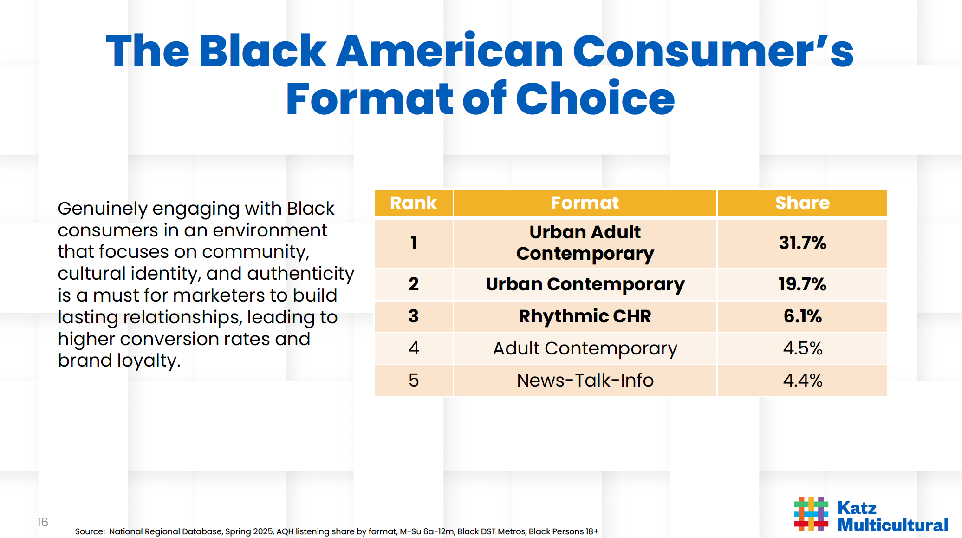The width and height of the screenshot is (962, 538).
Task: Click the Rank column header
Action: pyautogui.click(x=413, y=203)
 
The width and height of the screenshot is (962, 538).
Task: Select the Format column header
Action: pyautogui.click(x=585, y=203)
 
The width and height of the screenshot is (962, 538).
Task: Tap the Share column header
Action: pyautogui.click(x=802, y=203)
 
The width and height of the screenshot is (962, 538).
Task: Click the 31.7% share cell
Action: pyautogui.click(x=802, y=243)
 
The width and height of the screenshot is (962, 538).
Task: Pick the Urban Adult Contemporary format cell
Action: pyautogui.click(x=585, y=243)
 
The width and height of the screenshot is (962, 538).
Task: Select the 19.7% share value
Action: pyautogui.click(x=802, y=284)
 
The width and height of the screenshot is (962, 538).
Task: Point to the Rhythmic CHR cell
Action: pyautogui.click(x=585, y=316)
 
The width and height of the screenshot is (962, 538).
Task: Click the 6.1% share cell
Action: pyautogui.click(x=802, y=316)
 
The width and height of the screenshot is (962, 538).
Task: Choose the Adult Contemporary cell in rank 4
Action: pyautogui.click(x=585, y=348)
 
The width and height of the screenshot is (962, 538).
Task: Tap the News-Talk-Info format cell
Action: pyautogui.click(x=585, y=381)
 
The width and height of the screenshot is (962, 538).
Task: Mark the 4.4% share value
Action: pyautogui.click(x=802, y=381)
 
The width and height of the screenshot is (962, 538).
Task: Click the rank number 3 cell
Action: pyautogui.click(x=413, y=316)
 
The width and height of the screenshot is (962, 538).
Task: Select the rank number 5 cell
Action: pyautogui.click(x=413, y=381)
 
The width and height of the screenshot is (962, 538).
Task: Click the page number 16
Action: pyautogui.click(x=42, y=522)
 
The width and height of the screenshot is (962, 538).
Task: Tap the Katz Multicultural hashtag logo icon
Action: pyautogui.click(x=811, y=514)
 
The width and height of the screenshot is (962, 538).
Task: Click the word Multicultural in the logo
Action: pyautogui.click(x=892, y=525)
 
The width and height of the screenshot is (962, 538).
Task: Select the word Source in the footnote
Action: pyautogui.click(x=89, y=531)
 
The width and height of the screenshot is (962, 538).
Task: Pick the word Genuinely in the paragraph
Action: pyautogui.click(x=102, y=209)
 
